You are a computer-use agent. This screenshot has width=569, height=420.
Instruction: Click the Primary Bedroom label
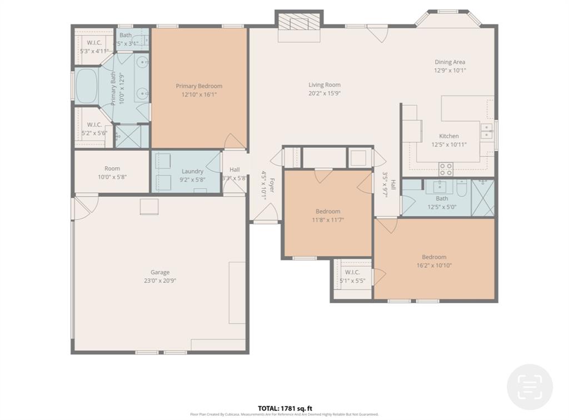pyautogui.click(x=199, y=86)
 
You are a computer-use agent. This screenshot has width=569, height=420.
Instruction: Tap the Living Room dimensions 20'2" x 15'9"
pyautogui.click(x=325, y=93)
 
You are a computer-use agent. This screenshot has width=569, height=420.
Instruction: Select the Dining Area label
pyautogui.click(x=450, y=62)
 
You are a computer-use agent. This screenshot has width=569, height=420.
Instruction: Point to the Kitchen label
pyautogui.click(x=449, y=136)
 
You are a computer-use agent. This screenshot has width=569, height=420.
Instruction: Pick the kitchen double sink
pyautogui.click(x=486, y=131)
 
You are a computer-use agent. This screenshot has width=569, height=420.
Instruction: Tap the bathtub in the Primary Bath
pyautogui.click(x=86, y=86)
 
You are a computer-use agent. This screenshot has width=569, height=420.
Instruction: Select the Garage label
pyautogui.click(x=160, y=272)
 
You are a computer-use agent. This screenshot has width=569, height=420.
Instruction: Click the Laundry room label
pyautogui.click(x=192, y=171)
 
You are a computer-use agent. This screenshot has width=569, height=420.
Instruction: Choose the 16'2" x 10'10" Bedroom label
pyautogui.click(x=434, y=257)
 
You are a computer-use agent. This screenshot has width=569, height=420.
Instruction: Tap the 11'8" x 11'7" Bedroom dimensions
pyautogui.click(x=328, y=220)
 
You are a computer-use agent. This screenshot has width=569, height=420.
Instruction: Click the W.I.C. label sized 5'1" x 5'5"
pyautogui.click(x=352, y=272)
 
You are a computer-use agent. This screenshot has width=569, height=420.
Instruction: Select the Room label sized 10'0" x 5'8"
pyautogui.click(x=112, y=169)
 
